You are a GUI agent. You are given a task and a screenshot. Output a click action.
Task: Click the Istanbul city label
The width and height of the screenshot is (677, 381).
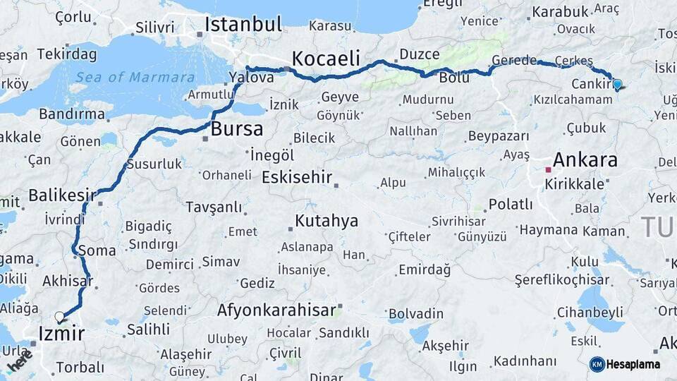243,25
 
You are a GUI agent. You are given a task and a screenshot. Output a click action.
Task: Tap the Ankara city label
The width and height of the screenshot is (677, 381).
585,159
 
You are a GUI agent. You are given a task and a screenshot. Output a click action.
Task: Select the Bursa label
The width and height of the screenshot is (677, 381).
237,129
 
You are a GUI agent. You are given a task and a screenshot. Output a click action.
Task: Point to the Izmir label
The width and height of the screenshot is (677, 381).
61,334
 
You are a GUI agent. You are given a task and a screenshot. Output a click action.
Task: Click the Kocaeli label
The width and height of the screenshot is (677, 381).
326,58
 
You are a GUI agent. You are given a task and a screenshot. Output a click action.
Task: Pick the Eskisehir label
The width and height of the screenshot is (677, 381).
296,177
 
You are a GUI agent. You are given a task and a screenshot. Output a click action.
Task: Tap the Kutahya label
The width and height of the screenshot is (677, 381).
326,221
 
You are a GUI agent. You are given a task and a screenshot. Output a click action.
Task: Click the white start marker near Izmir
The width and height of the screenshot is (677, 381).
59,317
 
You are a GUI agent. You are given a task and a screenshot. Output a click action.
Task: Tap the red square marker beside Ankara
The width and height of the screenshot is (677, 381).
548,169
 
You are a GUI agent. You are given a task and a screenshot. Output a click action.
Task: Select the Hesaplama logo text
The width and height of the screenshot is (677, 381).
633,365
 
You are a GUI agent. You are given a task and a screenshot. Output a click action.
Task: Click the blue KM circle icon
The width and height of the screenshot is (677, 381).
597,364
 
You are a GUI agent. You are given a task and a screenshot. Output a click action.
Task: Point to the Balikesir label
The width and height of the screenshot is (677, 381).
62,195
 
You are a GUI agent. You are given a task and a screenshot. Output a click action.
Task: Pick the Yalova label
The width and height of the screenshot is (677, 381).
252,78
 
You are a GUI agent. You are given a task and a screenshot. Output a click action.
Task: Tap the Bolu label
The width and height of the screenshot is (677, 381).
454,78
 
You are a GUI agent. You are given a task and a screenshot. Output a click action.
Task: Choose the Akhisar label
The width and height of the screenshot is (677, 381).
67,282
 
